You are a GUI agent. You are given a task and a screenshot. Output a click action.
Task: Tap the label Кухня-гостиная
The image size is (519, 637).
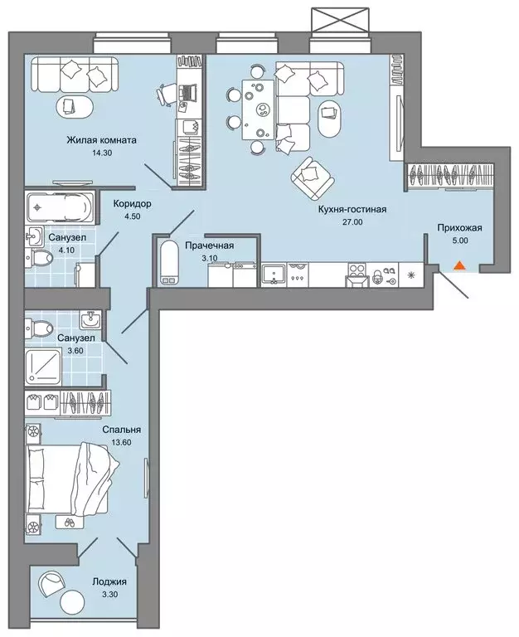point(352,210)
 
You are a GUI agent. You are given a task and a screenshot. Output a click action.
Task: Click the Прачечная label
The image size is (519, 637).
point(210,246)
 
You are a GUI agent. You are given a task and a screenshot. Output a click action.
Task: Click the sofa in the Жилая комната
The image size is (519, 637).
point(75,76)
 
